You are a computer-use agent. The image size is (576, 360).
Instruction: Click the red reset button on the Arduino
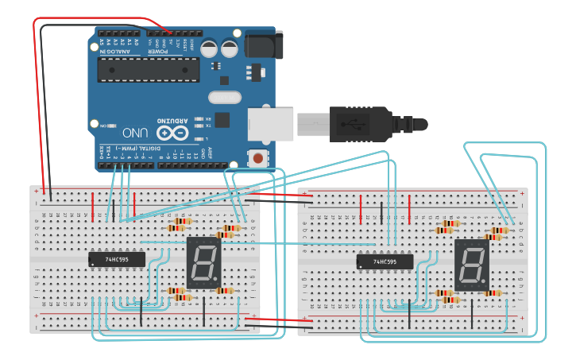click(258, 157)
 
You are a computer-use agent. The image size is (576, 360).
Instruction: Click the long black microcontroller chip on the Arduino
click(149, 69)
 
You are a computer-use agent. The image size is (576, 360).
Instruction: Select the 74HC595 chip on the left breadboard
click(117, 259)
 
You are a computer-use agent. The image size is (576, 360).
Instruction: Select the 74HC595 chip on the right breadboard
click(385, 261)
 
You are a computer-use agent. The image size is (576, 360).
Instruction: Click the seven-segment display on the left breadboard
click(202, 261)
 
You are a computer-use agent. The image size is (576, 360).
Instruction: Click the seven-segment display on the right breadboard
click(471, 263)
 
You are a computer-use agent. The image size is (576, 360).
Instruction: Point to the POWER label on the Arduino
click(160, 52)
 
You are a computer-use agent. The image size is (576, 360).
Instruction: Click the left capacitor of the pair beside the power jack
click(211, 48)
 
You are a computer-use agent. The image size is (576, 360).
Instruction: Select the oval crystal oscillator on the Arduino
click(224, 98)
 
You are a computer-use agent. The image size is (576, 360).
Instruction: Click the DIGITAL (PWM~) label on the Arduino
click(135, 148)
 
